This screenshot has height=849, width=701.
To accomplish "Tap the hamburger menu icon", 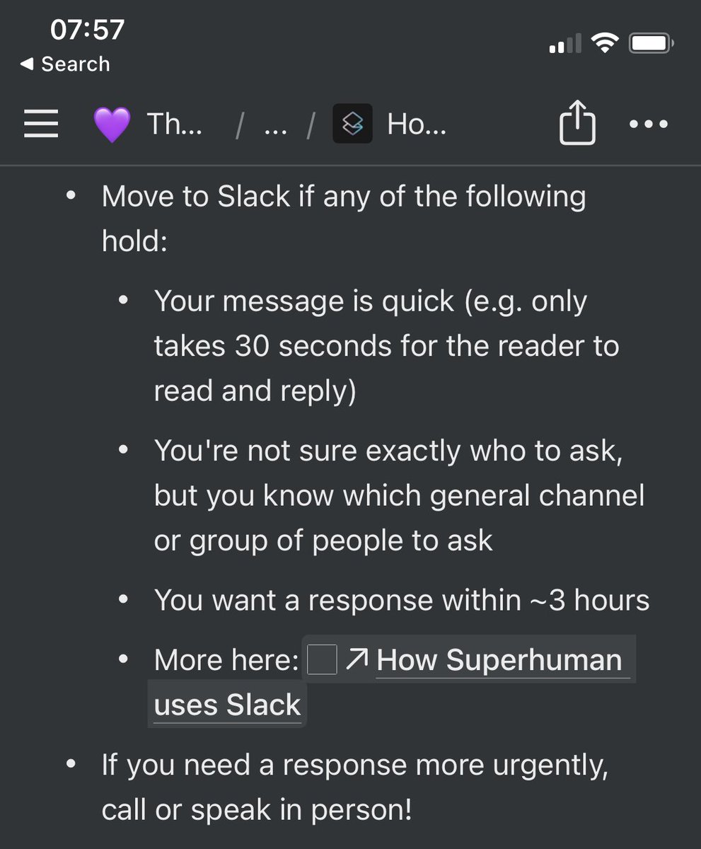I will click(41, 125).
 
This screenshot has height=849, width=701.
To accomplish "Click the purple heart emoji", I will click(111, 125).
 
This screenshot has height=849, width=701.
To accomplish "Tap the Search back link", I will click(65, 64).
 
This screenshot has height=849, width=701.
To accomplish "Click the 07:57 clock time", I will click(87, 30).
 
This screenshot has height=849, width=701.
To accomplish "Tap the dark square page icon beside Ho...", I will click(352, 125).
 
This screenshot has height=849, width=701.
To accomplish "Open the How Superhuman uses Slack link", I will click(499, 661).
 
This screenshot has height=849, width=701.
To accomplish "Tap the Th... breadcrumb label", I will click(174, 125).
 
